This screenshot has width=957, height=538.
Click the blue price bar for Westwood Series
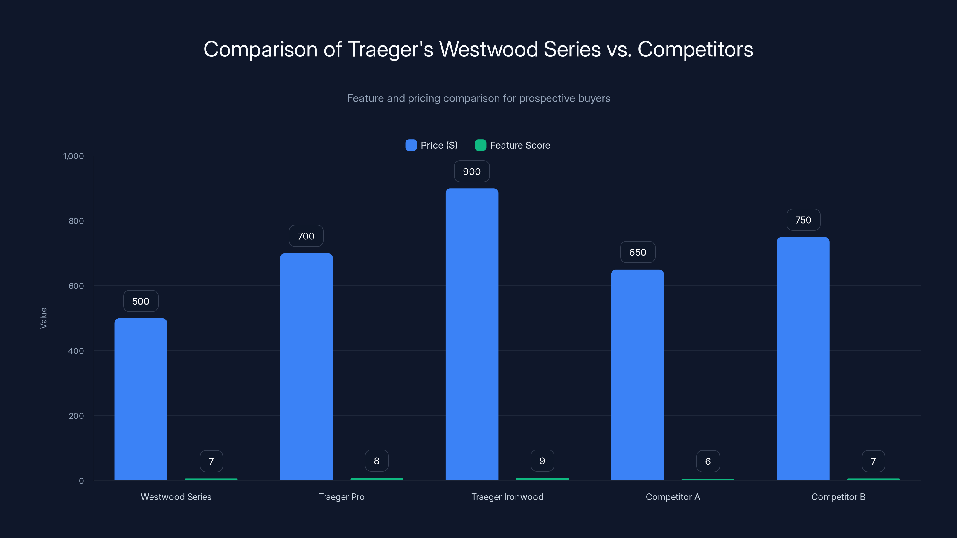click(141, 399)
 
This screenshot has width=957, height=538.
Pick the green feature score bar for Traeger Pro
click(376, 479)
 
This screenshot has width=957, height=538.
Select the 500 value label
click(141, 301)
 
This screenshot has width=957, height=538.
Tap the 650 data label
click(638, 253)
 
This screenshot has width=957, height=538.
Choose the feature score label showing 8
click(376, 461)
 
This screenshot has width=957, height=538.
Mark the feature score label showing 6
click(708, 461)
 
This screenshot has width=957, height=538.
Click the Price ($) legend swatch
click(411, 145)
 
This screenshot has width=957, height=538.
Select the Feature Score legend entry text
click(520, 145)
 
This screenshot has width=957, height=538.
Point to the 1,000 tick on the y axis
click(74, 156)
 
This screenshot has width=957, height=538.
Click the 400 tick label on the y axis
click(76, 351)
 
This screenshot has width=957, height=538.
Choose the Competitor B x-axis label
click(838, 497)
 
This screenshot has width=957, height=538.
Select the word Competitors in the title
click(695, 49)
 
